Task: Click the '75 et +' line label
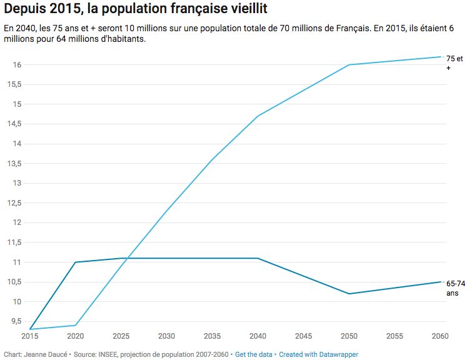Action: [454, 62]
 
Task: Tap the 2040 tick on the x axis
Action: [258, 336]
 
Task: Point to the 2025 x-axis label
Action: [121, 336]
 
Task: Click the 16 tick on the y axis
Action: [17, 65]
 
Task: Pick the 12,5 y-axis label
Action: [14, 203]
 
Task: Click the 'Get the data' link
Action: [254, 354]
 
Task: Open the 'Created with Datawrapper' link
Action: [318, 354]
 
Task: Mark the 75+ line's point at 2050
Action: [349, 65]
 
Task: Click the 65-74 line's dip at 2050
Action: [349, 294]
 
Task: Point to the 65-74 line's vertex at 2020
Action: [75, 262]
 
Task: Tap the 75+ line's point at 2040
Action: [258, 116]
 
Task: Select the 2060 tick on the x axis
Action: [440, 336]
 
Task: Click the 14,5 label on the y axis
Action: [14, 124]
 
